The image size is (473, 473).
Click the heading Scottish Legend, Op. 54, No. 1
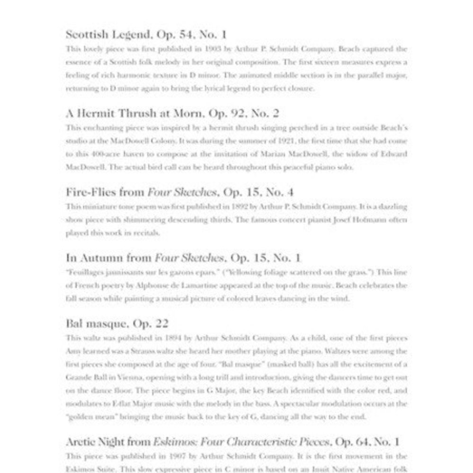[146, 35]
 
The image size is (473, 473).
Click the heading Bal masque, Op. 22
[117, 324]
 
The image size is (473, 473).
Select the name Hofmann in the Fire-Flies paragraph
[366, 220]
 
